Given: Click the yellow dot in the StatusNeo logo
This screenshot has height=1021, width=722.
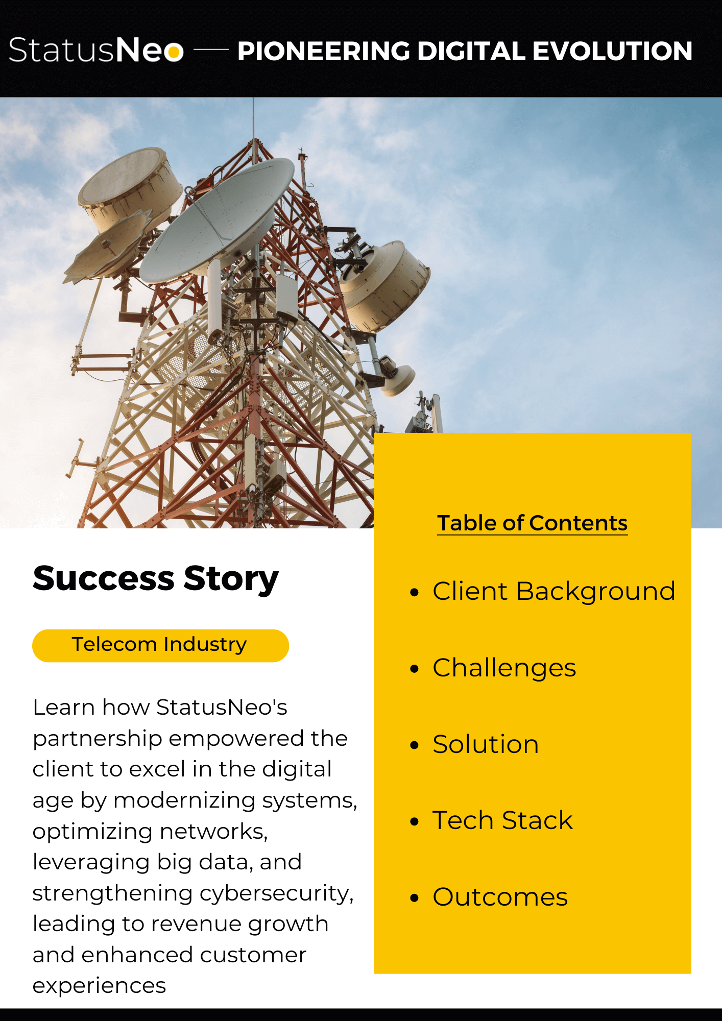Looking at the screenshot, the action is (175, 52).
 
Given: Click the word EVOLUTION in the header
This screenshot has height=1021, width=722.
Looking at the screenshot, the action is (612, 51).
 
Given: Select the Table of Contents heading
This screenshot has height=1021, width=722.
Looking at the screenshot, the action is (532, 523).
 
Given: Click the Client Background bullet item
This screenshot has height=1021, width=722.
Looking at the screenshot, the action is (554, 592).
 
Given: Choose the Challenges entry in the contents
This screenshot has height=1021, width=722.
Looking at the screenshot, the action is (504, 668).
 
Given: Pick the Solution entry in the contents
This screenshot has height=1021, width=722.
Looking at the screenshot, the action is (486, 744).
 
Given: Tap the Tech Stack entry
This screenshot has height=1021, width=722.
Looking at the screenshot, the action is (503, 820).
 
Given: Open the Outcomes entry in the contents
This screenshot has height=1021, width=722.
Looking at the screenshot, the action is (500, 897).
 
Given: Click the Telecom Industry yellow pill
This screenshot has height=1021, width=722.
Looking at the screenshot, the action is (160, 645).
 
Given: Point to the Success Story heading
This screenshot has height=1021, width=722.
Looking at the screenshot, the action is (156, 578).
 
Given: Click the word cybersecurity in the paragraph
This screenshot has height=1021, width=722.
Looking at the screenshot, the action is (276, 893).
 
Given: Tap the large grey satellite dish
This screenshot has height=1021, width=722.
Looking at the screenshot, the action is (217, 220).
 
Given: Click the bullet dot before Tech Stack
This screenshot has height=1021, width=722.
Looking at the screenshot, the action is (414, 821).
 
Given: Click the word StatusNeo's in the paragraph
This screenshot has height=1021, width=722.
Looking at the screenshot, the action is (222, 708).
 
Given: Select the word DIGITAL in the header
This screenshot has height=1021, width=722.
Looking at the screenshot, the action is (471, 51).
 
